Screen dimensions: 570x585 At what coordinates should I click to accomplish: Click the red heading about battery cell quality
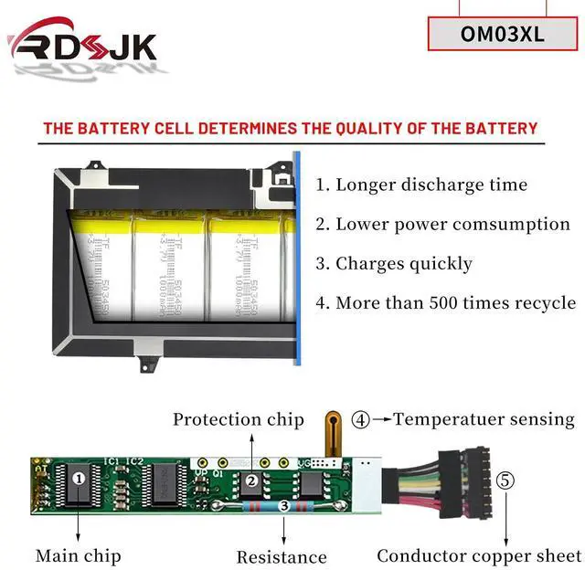coord(291,128)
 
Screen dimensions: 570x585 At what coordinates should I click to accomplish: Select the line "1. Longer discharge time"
coord(421,185)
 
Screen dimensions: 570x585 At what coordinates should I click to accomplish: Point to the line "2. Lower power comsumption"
coord(442,224)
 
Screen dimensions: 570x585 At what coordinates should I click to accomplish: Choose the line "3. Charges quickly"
coord(394,264)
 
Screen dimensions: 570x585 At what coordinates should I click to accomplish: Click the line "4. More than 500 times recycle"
coord(445,303)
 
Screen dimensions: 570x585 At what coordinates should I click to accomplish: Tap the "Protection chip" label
coord(239,419)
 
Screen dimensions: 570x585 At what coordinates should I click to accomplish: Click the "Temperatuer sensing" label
coord(484,419)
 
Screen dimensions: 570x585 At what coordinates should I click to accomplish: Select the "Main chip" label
coord(78,554)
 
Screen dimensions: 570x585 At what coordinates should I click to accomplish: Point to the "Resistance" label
coord(282,556)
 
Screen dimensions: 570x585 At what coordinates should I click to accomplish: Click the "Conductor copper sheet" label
coord(478,554)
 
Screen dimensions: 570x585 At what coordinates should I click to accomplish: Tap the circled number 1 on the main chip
coord(79,477)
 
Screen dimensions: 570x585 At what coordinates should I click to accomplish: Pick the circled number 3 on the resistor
coord(283,505)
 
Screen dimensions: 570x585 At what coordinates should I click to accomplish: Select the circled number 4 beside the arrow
coord(361,420)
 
